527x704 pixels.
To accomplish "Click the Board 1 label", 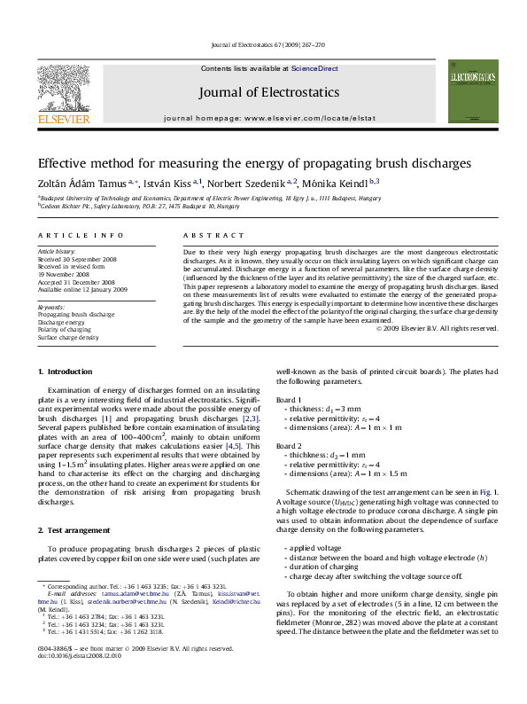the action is click(x=289, y=401).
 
